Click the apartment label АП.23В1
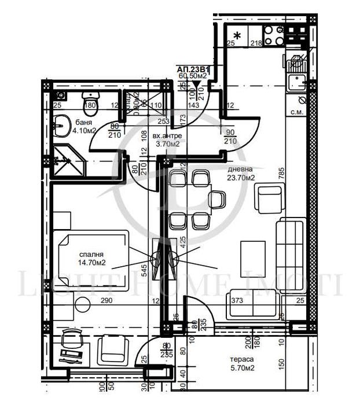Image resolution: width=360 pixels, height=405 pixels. (193, 68)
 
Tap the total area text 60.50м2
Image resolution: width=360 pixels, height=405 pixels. (193, 76)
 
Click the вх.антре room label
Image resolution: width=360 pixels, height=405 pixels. (167, 137)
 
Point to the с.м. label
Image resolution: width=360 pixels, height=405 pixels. (297, 112)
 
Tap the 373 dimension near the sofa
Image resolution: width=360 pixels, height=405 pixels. (236, 301)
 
